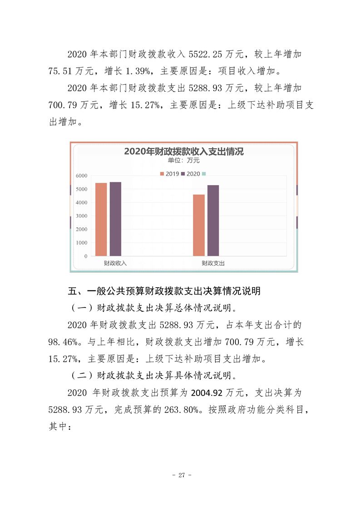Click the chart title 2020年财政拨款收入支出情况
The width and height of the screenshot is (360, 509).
(x=183, y=152)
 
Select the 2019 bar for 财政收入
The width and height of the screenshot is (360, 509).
(x=101, y=220)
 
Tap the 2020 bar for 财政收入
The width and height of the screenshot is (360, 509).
(x=115, y=219)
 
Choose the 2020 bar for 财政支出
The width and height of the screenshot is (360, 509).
(x=213, y=220)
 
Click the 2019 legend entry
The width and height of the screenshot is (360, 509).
(x=169, y=174)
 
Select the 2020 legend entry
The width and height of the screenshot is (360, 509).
(x=191, y=174)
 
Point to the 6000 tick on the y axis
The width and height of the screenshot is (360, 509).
(x=82, y=176)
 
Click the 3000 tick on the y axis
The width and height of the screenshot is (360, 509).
(x=82, y=216)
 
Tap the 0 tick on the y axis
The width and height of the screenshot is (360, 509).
(x=85, y=256)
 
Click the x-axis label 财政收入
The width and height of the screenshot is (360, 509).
(x=115, y=263)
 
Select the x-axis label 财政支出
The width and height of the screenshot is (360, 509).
(x=213, y=263)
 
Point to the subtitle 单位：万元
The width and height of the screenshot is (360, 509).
(x=183, y=160)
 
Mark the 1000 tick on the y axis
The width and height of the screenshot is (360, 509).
(x=82, y=243)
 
